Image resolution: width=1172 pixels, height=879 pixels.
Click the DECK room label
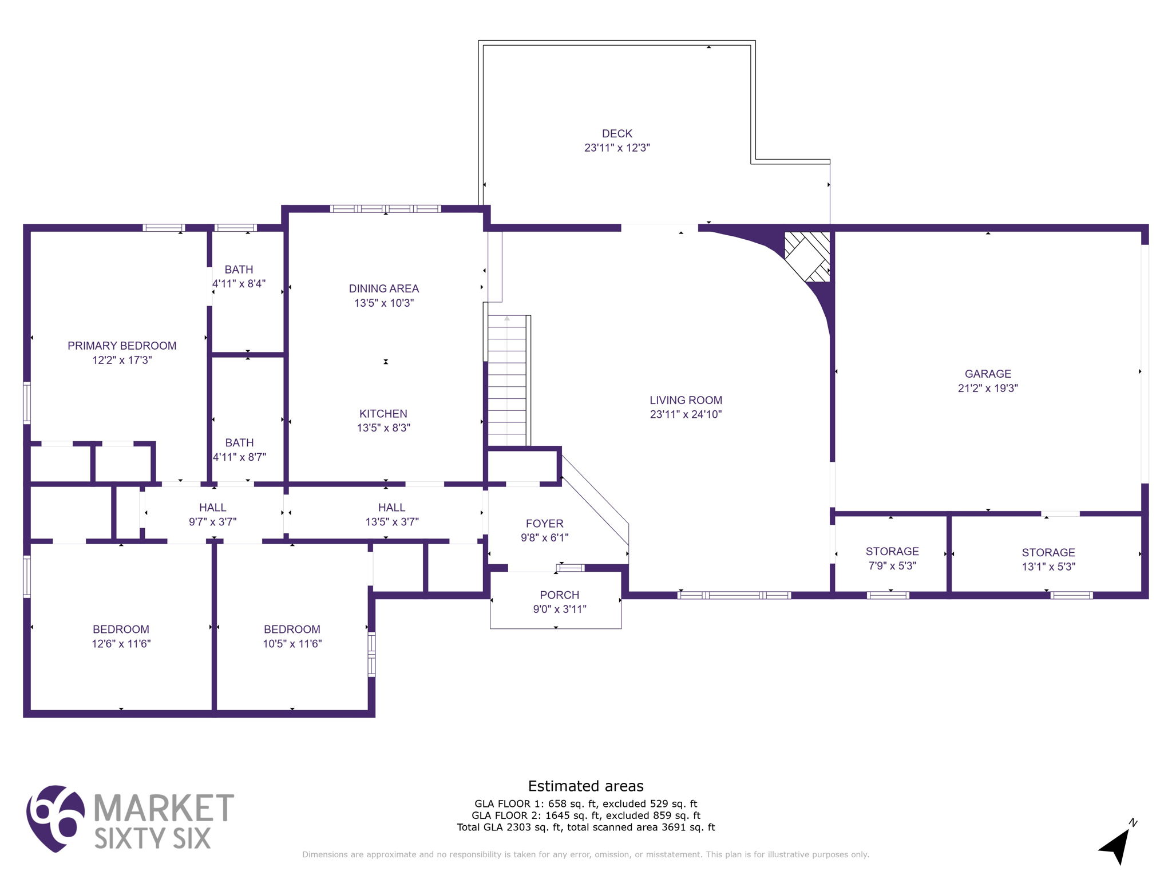tap(617, 133)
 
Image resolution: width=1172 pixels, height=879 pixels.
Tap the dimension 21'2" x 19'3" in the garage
tap(988, 388)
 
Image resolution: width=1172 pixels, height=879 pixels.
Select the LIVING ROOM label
tap(686, 400)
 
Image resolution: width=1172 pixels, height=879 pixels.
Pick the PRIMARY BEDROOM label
tap(122, 346)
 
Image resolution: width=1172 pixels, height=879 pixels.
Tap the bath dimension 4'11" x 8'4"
tap(239, 284)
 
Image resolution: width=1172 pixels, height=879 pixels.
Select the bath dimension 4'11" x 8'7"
tap(239, 457)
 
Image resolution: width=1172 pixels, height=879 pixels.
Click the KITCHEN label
tap(383, 413)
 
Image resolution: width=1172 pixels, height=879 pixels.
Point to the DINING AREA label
tap(384, 288)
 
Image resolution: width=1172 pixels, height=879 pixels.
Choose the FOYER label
tap(545, 523)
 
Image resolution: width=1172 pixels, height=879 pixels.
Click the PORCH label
tap(560, 595)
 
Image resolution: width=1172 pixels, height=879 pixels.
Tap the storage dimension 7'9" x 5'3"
tap(892, 566)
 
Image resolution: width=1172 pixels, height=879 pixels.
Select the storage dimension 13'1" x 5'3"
tap(1048, 567)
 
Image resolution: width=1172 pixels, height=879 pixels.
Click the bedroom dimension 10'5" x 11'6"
tap(292, 644)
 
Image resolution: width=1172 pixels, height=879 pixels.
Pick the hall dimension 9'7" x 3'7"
tap(212, 522)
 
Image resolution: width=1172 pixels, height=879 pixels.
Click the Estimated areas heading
tap(585, 786)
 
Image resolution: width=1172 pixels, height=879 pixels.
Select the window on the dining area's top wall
tap(385, 209)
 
